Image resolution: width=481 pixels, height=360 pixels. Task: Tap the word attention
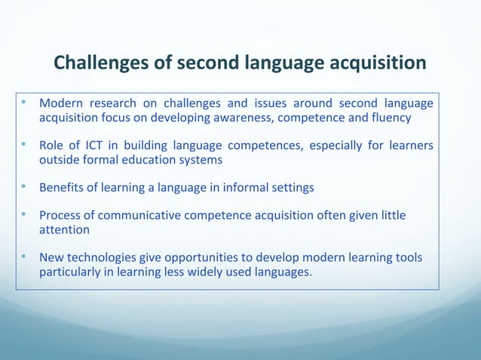(x=65, y=230)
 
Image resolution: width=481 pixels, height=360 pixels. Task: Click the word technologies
(x=107, y=257)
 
